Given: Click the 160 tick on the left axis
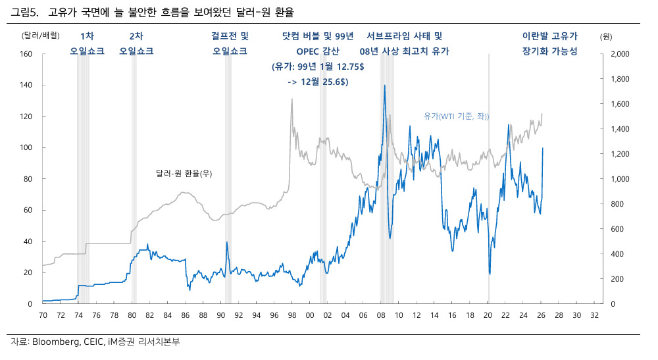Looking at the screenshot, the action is pos(26,54).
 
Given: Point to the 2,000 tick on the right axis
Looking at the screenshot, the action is pos(620,54).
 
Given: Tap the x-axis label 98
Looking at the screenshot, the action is pos(292,315).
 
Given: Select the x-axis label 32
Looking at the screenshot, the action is pos(594,315).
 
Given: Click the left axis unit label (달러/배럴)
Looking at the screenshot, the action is pos(41,36).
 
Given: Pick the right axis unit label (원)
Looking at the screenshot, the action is pos(606,37).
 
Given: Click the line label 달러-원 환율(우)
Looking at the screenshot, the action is pos(184,173).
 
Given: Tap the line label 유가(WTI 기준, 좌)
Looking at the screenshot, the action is pos(456,116).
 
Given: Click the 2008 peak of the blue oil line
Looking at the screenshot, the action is pos(384,85).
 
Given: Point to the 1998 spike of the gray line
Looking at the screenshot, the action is pos(292,99).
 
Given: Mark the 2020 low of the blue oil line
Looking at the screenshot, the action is pos(490,274).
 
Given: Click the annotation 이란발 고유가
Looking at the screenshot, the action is pos(549,36).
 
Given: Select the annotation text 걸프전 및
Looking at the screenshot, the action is pos(230,36).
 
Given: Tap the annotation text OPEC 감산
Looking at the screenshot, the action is pos(318,51).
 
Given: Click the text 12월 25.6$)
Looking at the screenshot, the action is pos(324,82).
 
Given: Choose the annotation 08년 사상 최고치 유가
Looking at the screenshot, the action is pos(404,51).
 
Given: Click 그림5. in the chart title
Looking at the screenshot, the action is pos(24,13).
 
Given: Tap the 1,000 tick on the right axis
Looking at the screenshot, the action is pos(620,179).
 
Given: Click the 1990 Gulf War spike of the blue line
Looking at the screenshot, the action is pos(227,242).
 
